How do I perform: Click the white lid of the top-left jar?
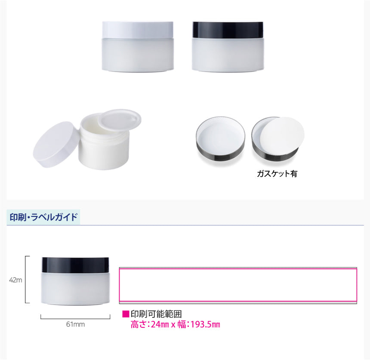138,30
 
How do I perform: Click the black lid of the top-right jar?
228,30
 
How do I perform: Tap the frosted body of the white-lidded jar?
138,55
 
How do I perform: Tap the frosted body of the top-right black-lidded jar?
228,55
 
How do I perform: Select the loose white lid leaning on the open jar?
56,145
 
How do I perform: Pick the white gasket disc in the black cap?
282,135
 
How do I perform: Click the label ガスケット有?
277,174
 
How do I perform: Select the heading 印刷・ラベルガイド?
43,217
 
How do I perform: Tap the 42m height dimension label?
15,280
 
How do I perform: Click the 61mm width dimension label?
75,324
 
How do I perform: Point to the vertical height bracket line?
25,279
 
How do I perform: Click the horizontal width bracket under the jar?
75,318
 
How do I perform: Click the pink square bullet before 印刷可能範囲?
126,314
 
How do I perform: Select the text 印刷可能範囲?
156,314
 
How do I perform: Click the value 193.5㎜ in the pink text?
205,325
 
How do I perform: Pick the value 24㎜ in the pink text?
160,325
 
